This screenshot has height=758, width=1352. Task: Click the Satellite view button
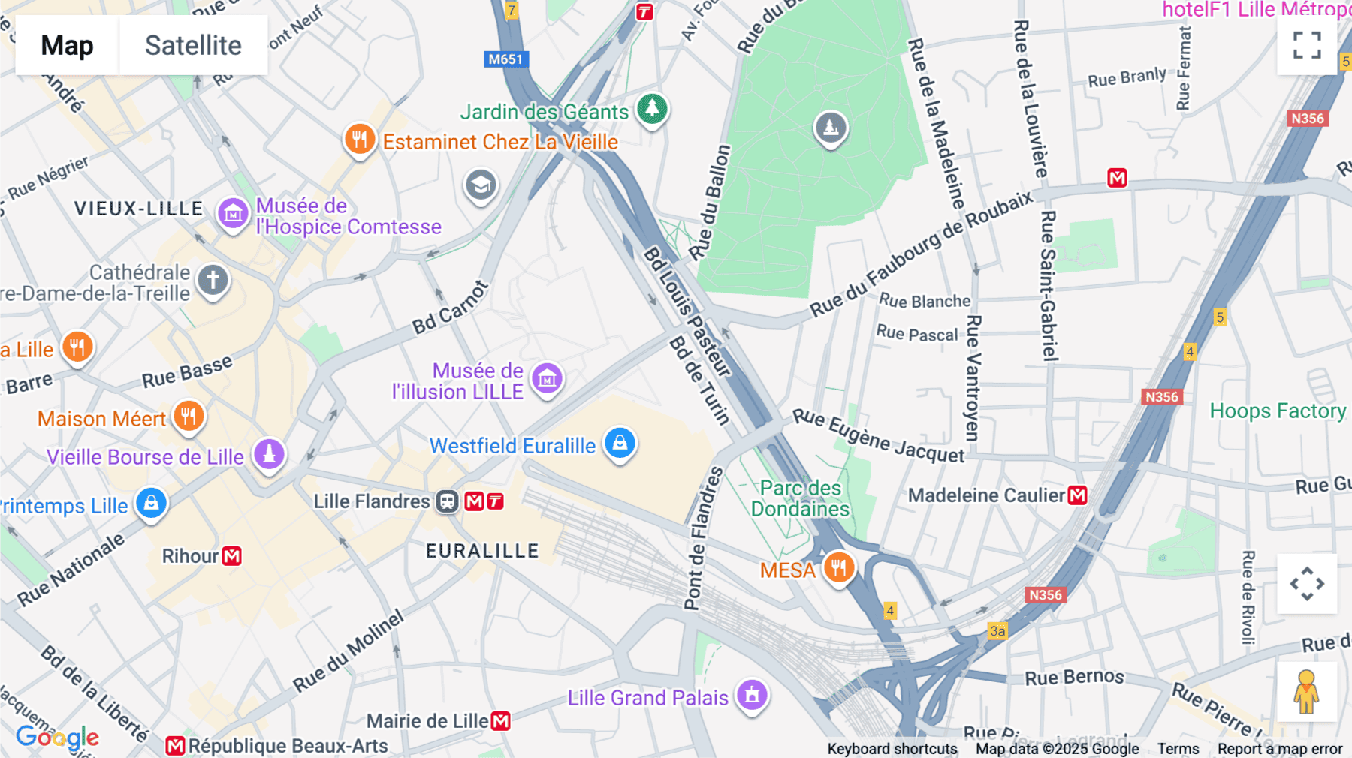click(193, 45)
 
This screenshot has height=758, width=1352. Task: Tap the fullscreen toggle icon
click(1307, 45)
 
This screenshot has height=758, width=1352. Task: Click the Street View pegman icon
click(1306, 691)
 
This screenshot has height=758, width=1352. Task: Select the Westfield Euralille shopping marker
click(620, 443)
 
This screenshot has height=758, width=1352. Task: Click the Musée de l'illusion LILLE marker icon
click(547, 379)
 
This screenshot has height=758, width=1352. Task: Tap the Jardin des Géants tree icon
click(652, 109)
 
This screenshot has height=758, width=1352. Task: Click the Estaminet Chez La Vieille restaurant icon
click(360, 140)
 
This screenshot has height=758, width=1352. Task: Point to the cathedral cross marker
click(213, 281)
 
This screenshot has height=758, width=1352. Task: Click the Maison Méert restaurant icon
click(189, 416)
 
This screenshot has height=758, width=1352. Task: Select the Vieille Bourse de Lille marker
click(269, 453)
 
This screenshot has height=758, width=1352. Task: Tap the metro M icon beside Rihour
click(232, 556)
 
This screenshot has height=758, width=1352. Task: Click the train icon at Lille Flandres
click(447, 501)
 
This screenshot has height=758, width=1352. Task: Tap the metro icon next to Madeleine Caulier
click(1077, 495)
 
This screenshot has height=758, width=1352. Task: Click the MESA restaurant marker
click(838, 567)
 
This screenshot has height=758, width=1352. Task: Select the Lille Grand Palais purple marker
click(752, 695)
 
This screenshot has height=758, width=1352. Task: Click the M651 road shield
click(505, 59)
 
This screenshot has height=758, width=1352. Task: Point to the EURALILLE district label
click(482, 551)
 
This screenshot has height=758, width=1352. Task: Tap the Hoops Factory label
click(1277, 411)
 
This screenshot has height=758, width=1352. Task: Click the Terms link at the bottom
click(1178, 748)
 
